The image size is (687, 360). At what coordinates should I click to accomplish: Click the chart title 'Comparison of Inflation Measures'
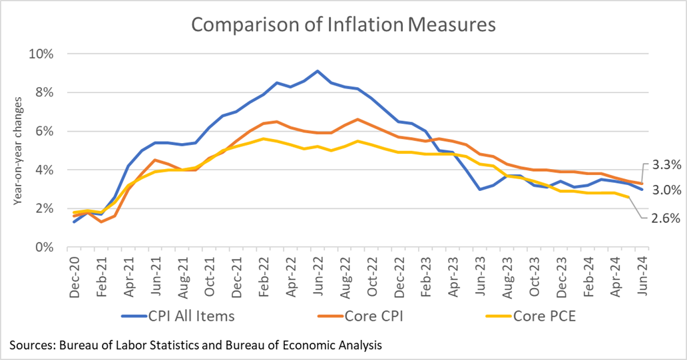[x=343, y=25]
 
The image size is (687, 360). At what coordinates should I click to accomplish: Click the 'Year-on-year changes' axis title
[x=18, y=150]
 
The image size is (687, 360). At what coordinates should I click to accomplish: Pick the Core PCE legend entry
[x=523, y=315]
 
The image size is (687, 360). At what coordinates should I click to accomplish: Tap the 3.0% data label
[x=666, y=190]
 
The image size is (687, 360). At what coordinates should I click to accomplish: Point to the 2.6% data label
[x=666, y=217]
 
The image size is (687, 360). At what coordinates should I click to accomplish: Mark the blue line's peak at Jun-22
[x=318, y=71]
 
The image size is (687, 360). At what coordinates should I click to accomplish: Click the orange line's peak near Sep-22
[x=358, y=120]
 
